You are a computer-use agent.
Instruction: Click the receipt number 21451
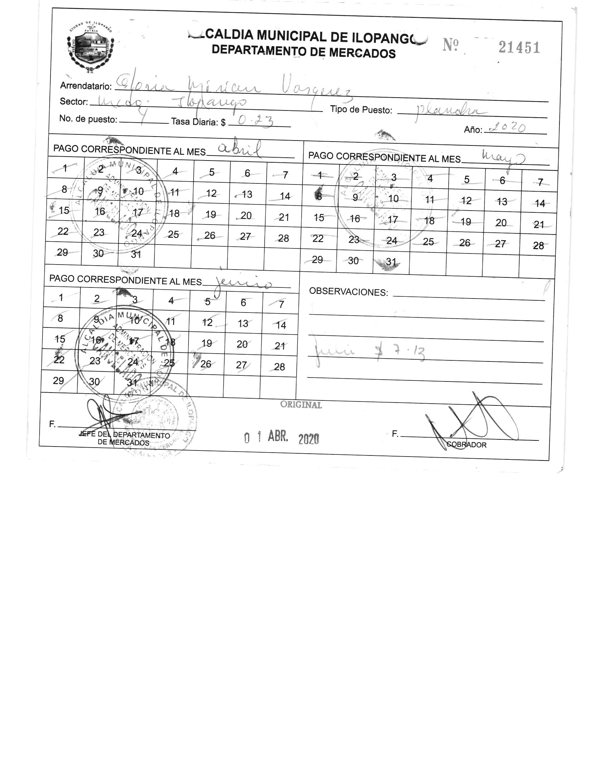point(519,47)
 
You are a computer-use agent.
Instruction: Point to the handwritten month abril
point(239,151)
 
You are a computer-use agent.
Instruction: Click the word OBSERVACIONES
point(348,292)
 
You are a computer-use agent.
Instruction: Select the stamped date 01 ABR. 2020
point(281,438)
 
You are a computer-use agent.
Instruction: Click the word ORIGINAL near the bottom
point(301,405)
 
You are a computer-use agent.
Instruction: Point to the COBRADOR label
point(466,445)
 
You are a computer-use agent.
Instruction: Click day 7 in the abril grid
point(285,175)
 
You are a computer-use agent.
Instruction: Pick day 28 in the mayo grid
point(538,246)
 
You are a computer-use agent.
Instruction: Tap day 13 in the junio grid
point(243,324)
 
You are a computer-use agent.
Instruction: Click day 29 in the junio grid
point(58,381)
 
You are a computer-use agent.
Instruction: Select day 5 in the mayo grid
point(467,179)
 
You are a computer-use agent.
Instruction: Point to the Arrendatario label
point(86,86)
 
